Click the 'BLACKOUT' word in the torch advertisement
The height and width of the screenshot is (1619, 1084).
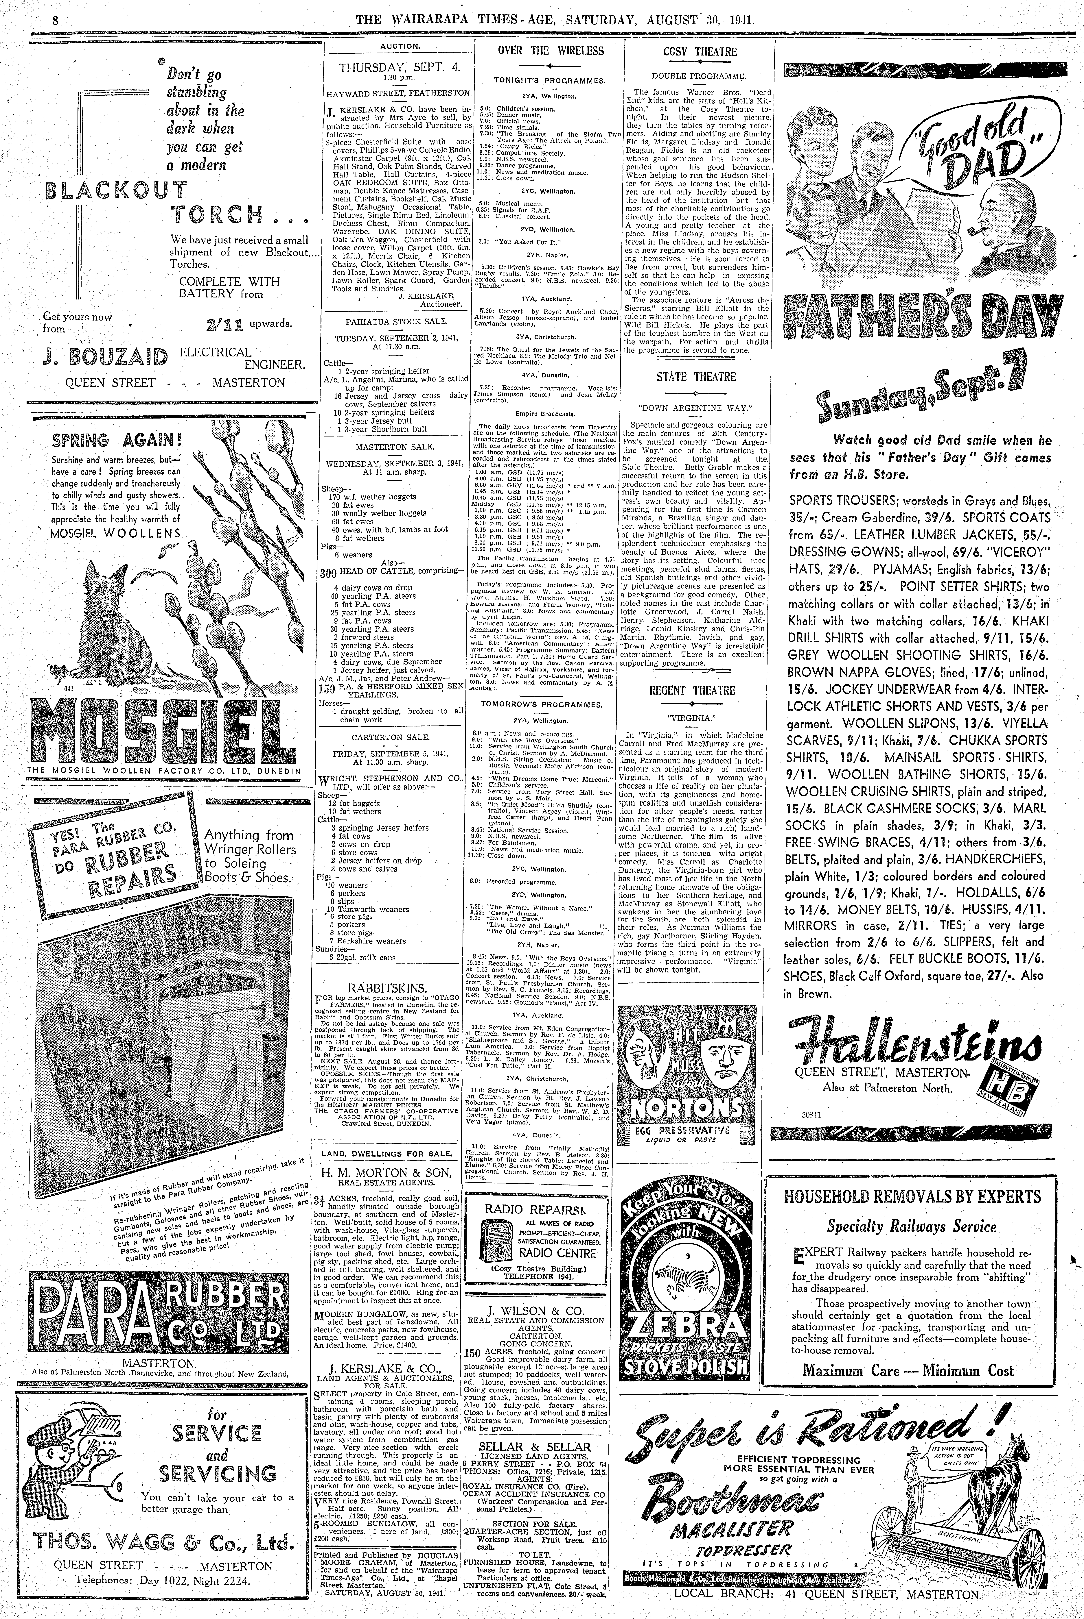pyautogui.click(x=115, y=191)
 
